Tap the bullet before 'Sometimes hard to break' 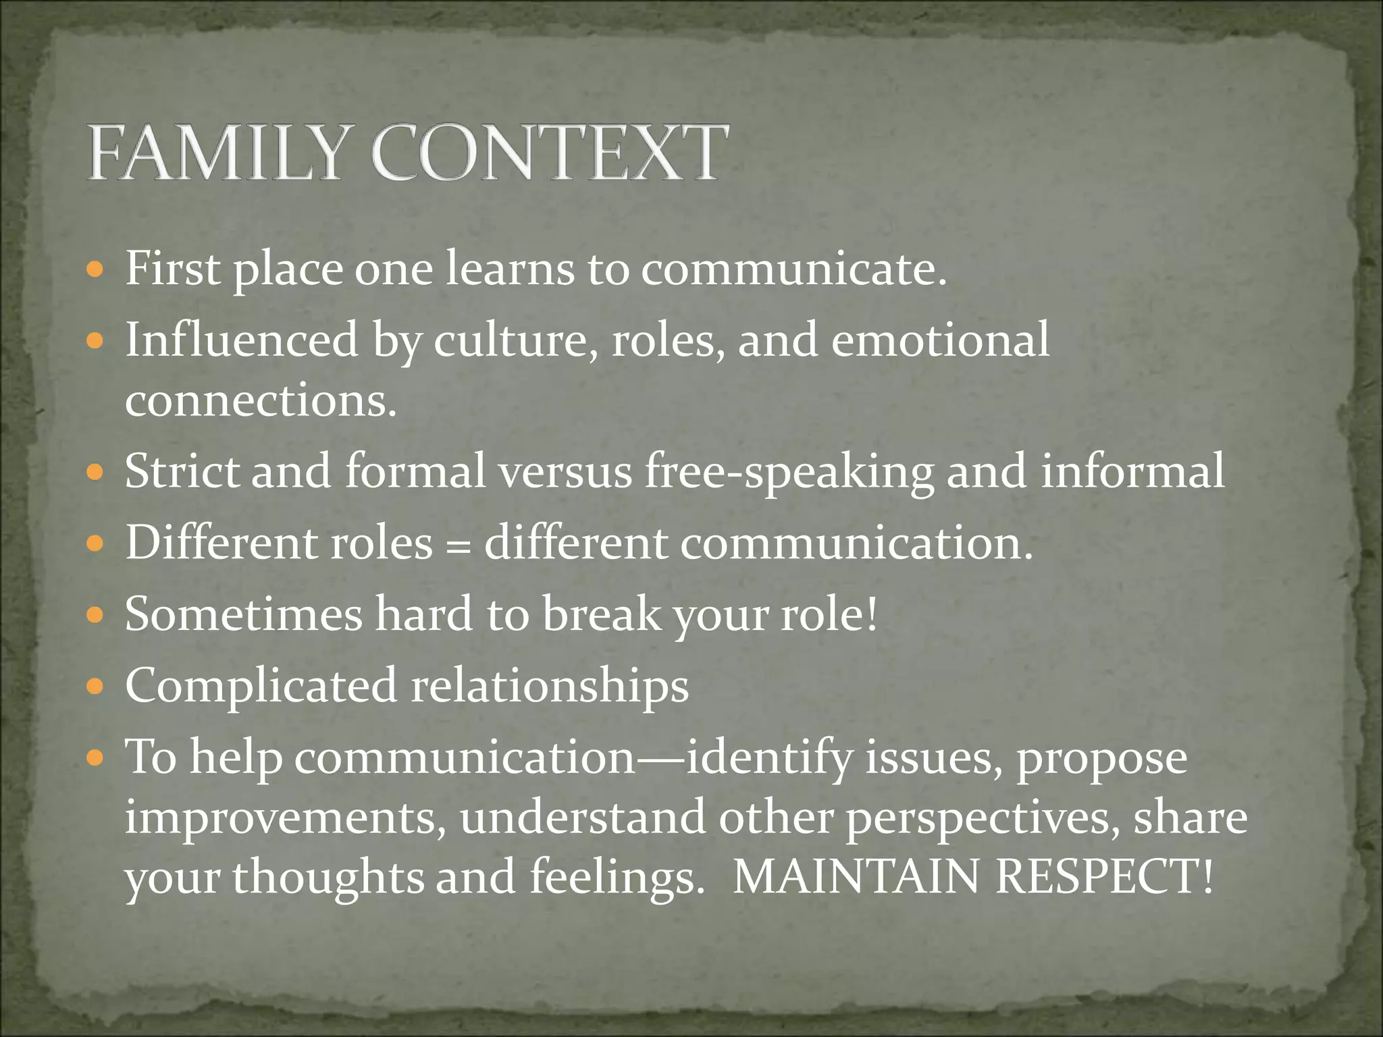96,616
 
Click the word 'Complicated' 261,686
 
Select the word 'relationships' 550,686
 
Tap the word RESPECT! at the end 1105,877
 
